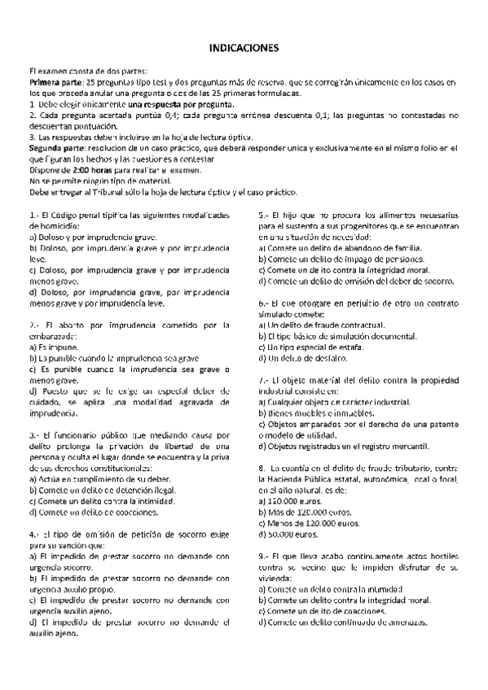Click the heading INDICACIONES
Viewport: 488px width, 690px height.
click(244, 48)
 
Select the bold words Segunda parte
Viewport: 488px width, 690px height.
click(56, 148)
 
